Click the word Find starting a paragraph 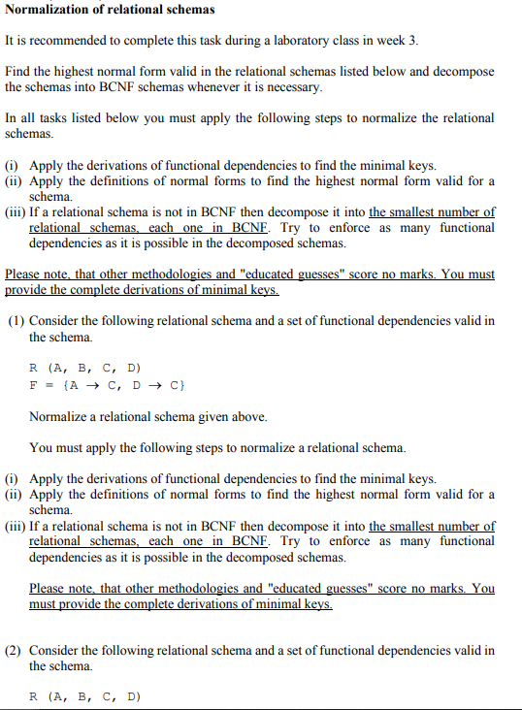(18, 73)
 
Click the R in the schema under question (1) (34, 369)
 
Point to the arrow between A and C (99, 385)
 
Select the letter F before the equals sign (34, 385)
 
